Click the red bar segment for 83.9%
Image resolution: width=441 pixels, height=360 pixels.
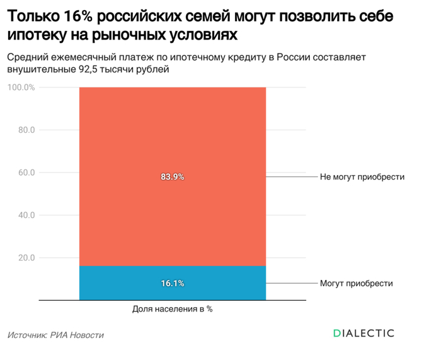click(172, 138)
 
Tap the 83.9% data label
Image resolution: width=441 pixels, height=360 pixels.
click(172, 177)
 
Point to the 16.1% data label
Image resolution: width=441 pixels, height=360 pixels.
click(172, 283)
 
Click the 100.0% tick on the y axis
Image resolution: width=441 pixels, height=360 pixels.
click(21, 87)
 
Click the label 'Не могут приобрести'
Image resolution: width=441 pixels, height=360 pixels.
click(362, 177)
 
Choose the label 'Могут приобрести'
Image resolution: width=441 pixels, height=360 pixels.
click(356, 283)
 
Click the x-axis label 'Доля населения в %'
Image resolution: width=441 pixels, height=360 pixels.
click(172, 309)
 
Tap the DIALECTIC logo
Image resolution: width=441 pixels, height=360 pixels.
click(363, 333)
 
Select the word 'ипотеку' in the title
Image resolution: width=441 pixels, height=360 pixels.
click(37, 33)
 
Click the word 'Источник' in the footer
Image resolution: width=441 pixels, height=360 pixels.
click(28, 335)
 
